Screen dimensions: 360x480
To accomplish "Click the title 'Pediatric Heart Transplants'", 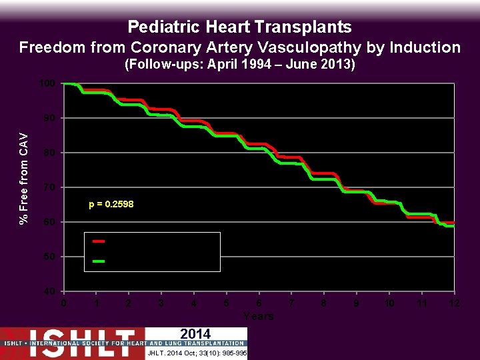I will click(x=239, y=27).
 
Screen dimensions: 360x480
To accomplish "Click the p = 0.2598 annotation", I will click(x=111, y=205).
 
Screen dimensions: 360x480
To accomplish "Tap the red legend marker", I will click(x=98, y=241).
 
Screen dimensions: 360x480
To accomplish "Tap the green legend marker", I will click(x=98, y=261).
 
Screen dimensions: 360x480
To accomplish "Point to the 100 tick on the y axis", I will click(x=46, y=83).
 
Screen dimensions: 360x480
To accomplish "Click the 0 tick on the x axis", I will click(x=63, y=303).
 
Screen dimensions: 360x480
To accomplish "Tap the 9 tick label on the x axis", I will click(x=357, y=303).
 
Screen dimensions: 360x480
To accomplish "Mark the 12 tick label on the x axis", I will click(x=454, y=303).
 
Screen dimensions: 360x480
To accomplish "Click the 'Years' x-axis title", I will click(x=259, y=316).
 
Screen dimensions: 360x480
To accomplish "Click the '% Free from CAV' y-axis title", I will click(x=24, y=179).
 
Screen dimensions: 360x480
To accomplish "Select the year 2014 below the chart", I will click(x=195, y=334).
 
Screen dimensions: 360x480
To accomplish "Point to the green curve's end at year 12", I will click(x=453, y=226).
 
